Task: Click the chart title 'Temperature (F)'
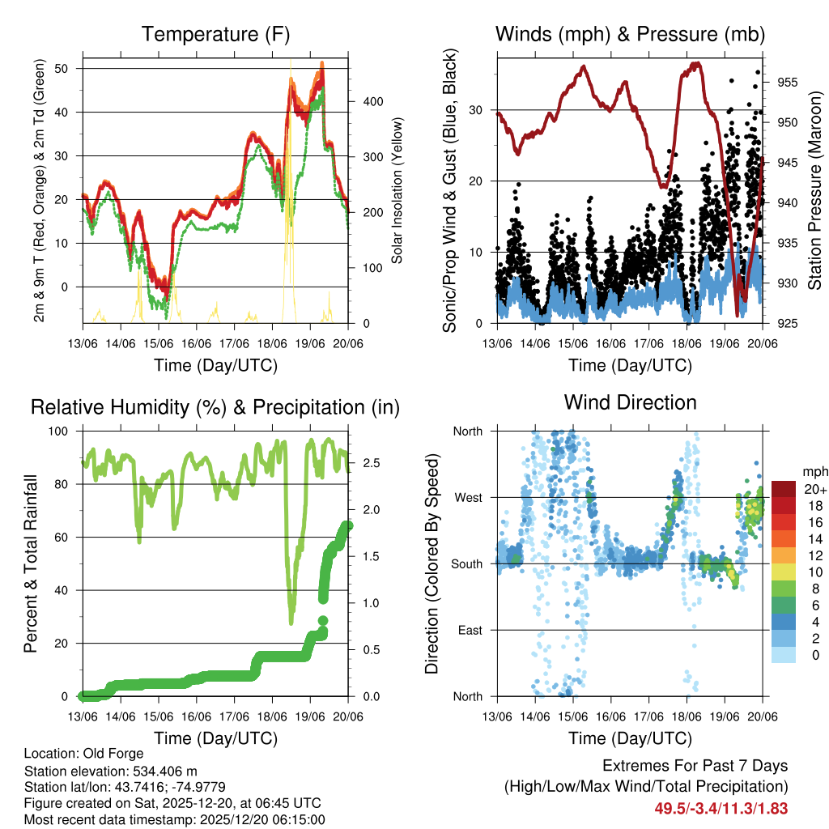(x=215, y=34)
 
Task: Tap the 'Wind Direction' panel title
(x=630, y=402)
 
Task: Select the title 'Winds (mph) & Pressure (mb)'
(x=630, y=34)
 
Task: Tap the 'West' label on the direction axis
(x=468, y=497)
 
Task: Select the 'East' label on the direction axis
(x=469, y=630)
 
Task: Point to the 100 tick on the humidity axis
(x=62, y=432)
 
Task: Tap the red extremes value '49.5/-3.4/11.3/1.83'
(x=721, y=809)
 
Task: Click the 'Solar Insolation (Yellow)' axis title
(x=397, y=191)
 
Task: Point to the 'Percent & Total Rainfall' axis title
(x=31, y=563)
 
